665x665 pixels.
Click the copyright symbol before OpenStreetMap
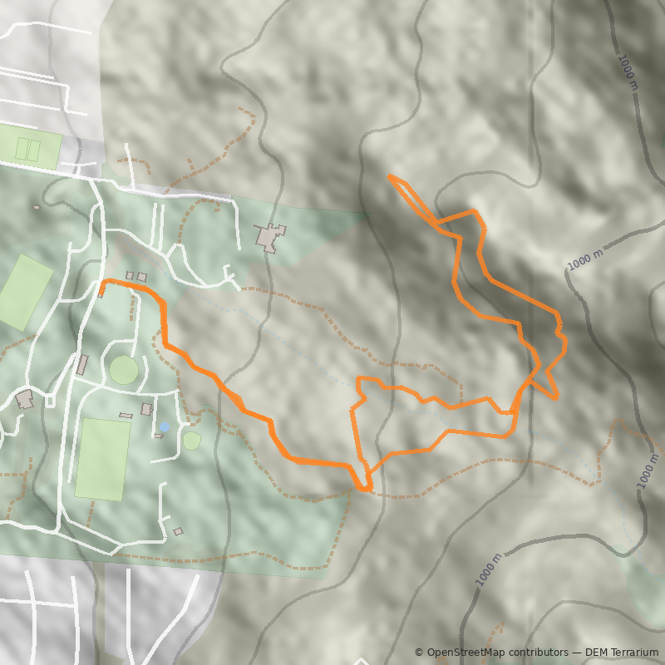click(419, 653)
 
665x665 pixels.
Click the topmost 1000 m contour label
click(628, 72)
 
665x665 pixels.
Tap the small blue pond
click(165, 426)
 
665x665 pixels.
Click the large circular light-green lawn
click(124, 370)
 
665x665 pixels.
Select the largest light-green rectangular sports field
click(103, 459)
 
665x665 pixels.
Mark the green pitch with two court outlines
click(29, 150)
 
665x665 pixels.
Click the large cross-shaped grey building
click(270, 237)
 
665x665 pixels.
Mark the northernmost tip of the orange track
click(389, 175)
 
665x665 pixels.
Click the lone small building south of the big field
click(178, 531)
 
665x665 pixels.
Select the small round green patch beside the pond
click(192, 441)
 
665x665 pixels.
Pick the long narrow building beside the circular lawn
click(82, 364)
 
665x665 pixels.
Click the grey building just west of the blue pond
click(147, 409)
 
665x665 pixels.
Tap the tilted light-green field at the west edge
click(25, 292)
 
